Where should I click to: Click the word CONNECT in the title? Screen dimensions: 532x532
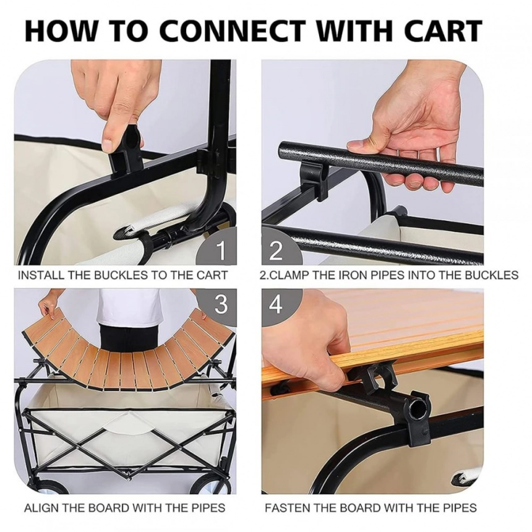coord(230,30)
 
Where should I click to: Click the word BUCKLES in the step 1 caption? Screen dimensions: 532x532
coord(120,275)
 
